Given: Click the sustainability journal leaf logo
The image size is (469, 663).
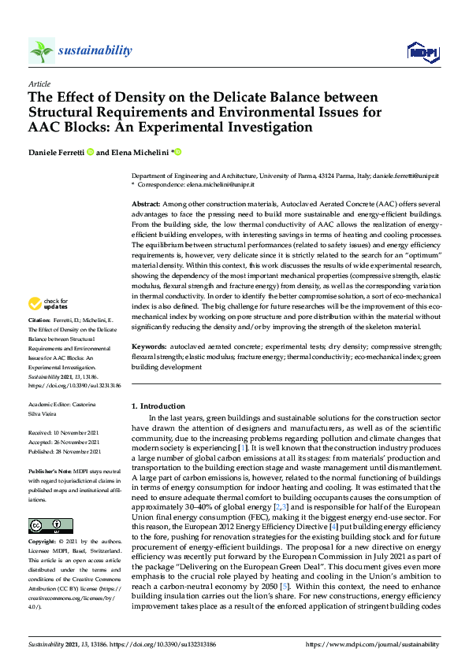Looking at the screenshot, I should pyautogui.click(x=41, y=51).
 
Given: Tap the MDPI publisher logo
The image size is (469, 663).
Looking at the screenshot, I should pyautogui.click(x=422, y=52).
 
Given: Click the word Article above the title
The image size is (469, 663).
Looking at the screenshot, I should pyautogui.click(x=39, y=83).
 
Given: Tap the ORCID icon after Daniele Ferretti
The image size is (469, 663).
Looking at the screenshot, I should pyautogui.click(x=91, y=152).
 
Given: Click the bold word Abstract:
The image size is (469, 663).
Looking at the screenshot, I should pyautogui.click(x=147, y=204).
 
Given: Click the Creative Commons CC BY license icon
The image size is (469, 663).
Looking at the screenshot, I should pyautogui.click(x=45, y=524).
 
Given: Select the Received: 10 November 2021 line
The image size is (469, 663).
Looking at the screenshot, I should pyautogui.click(x=61, y=433).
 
